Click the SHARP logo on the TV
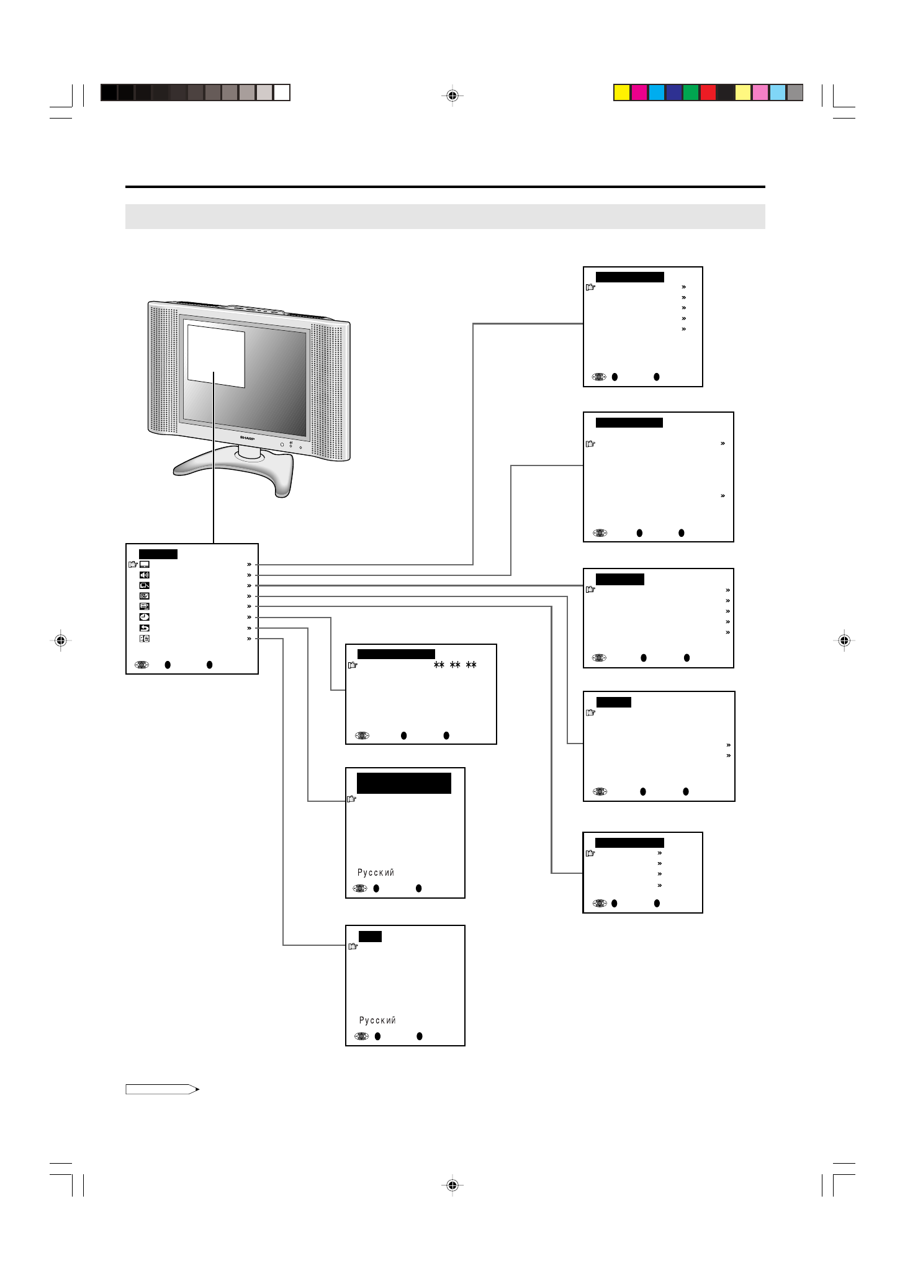[247, 438]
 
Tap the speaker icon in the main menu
[144, 575]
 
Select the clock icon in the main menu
[144, 617]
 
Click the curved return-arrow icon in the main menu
[144, 628]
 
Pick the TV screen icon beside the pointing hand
[144, 565]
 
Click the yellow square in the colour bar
[621, 93]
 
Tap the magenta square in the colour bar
[639, 93]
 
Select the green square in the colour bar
[691, 93]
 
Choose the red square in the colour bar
[708, 93]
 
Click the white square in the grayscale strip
[282, 93]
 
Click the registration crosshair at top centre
[452, 96]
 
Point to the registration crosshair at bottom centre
[452, 1185]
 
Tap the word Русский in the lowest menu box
[377, 1020]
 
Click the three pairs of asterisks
[455, 665]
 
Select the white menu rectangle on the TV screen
[216, 356]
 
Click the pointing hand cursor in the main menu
[133, 565]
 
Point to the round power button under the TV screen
[282, 444]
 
